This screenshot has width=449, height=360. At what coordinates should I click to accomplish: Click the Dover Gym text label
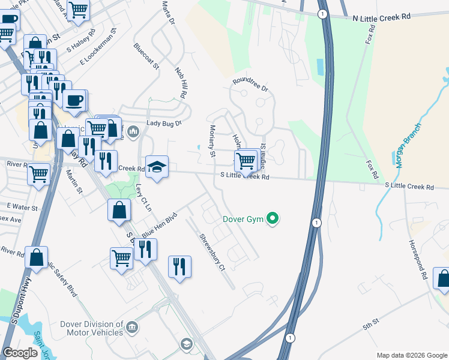tap(243, 219)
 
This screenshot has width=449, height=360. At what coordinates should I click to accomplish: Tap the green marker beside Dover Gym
tap(273, 219)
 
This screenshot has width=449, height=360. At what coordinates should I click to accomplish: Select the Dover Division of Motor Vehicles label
tap(91, 328)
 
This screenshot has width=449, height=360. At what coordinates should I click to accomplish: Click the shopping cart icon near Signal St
tap(245, 161)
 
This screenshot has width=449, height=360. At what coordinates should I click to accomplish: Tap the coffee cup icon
tap(74, 100)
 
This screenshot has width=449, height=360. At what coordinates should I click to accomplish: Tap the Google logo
tap(20, 353)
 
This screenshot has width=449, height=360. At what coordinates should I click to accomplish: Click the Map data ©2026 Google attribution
tap(411, 355)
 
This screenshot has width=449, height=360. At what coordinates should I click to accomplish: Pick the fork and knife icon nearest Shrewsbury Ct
tap(179, 266)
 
